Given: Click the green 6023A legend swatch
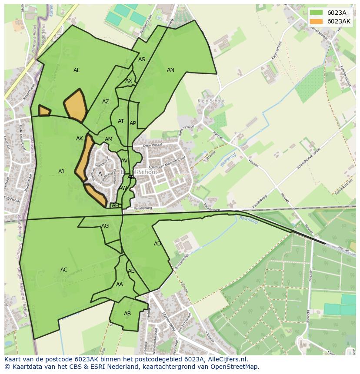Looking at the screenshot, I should pyautogui.click(x=316, y=13).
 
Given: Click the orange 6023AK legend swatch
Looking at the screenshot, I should pyautogui.click(x=316, y=21).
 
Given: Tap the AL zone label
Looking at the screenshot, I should pyautogui.click(x=77, y=70).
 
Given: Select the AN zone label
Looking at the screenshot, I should pyautogui.click(x=170, y=70).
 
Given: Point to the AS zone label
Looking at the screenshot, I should pyautogui.click(x=142, y=60).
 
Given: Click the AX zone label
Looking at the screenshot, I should pyautogui.click(x=129, y=81).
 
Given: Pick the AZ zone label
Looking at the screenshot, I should pyautogui.click(x=106, y=102).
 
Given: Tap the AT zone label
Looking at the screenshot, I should pyautogui.click(x=121, y=121).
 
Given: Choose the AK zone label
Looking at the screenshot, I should pyautogui.click(x=80, y=139).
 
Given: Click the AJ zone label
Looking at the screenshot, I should pyautogui.click(x=61, y=172).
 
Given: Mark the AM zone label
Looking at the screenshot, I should pyautogui.click(x=109, y=139).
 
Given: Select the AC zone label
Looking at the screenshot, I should pyautogui.click(x=64, y=270).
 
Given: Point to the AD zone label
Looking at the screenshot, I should pyautogui.click(x=157, y=244).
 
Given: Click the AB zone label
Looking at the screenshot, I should pyautogui.click(x=127, y=314).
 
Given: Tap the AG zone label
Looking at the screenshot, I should pyautogui.click(x=105, y=226).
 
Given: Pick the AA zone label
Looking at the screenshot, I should pyautogui.click(x=120, y=285).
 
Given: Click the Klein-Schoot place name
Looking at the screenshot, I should pyautogui.click(x=211, y=101).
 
